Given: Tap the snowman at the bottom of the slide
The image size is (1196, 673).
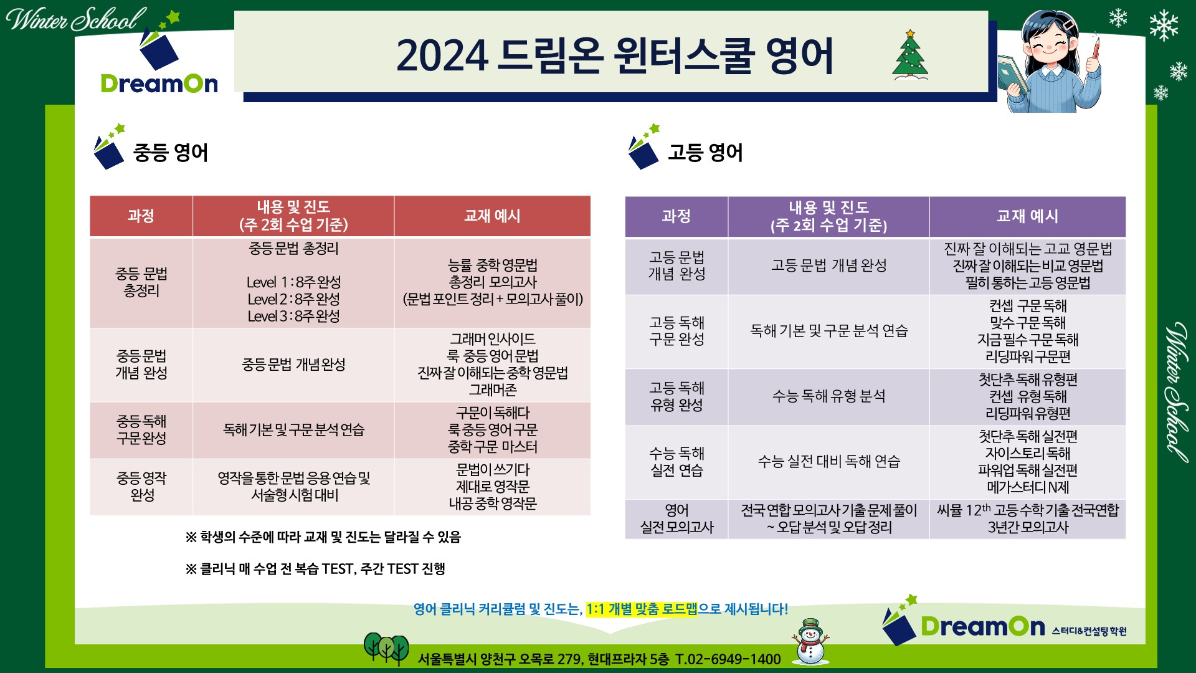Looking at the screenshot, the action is click(x=810, y=641).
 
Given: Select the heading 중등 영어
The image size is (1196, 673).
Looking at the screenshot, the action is click(x=171, y=153).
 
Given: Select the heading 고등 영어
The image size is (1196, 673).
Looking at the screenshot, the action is click(x=705, y=153).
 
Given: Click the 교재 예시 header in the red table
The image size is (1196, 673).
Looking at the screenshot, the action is click(x=492, y=216).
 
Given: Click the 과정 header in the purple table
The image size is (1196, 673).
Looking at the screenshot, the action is click(x=676, y=216).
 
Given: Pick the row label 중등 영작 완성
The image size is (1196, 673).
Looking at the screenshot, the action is click(x=141, y=487).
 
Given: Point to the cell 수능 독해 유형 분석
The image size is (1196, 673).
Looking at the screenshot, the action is click(x=828, y=396).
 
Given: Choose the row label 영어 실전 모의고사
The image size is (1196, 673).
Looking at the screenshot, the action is click(x=676, y=518).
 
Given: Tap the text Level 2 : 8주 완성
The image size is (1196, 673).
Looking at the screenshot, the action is click(x=293, y=299).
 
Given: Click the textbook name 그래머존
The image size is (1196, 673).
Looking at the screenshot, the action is click(x=493, y=390).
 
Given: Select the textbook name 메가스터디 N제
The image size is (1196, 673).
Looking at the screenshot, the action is click(x=1028, y=487).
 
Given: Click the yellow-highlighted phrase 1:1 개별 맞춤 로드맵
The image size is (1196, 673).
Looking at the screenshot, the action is click(x=642, y=609).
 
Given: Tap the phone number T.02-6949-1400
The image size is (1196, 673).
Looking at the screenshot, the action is click(x=728, y=659).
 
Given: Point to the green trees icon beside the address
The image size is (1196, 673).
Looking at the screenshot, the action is click(x=386, y=648).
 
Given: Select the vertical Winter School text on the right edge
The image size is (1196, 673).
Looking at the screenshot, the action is click(x=1176, y=392).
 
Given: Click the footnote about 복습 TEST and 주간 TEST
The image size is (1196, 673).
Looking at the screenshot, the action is click(x=315, y=569).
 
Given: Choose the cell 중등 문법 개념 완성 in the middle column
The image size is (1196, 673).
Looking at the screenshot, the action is click(x=293, y=365).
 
